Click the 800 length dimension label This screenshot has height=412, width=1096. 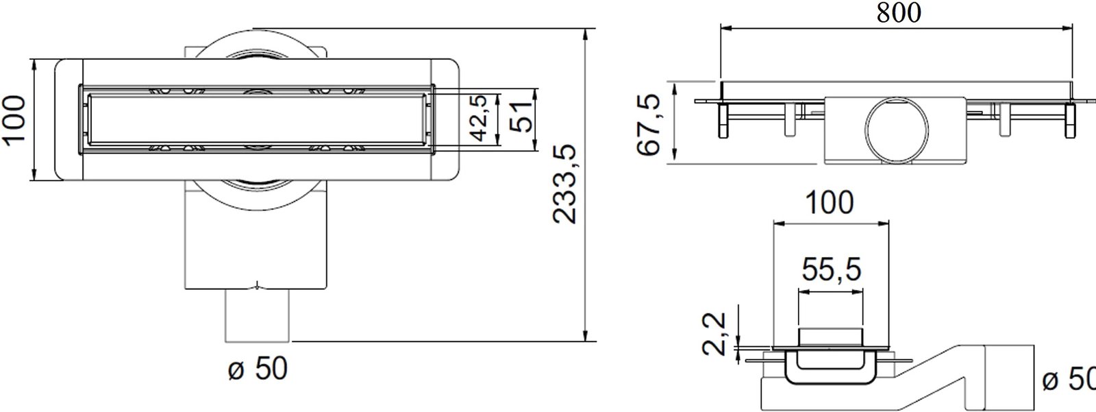point(898,12)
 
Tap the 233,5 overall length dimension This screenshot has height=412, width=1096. point(566,184)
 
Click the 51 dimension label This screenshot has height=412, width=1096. point(521,118)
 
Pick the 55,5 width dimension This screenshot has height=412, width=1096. point(832,269)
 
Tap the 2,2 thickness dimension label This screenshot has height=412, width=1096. point(714,335)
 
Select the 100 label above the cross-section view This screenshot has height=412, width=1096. point(830,203)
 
